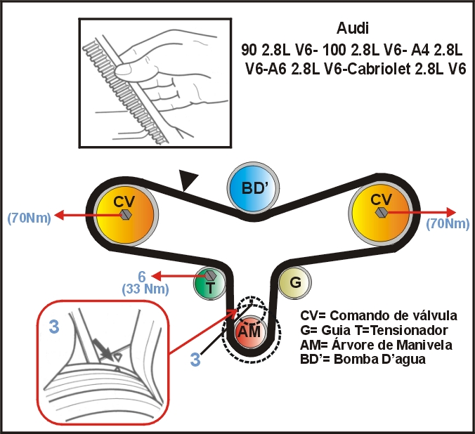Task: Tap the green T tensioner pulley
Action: pyautogui.click(x=209, y=283)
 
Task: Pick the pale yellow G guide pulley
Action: pyautogui.click(x=295, y=282)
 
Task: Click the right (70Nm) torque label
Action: pyautogui.click(x=448, y=225)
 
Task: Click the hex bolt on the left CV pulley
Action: pyautogui.click(x=124, y=213)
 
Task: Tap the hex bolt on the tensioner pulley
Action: pyautogui.click(x=209, y=275)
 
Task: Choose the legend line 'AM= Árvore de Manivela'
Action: pyautogui.click(x=376, y=345)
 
